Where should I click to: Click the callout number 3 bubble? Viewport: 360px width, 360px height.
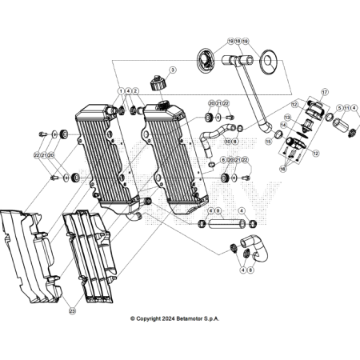pos(170,71)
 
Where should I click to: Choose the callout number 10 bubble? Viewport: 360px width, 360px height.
pos(227,142)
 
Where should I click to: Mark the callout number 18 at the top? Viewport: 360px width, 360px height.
pos(238,40)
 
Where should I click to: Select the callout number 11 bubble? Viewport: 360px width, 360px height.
pos(346,106)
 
